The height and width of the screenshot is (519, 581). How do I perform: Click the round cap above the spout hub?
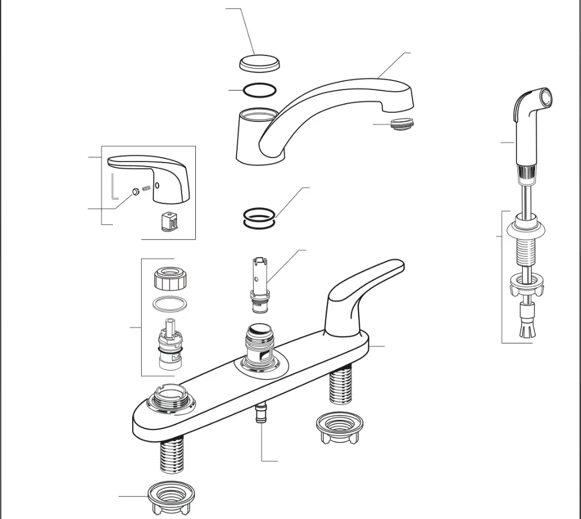coord(259,63)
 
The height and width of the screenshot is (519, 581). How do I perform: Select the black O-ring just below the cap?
coord(260,90)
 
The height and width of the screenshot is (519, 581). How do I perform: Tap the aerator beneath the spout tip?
coord(403,121)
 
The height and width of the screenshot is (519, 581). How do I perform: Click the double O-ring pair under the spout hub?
coord(259,218)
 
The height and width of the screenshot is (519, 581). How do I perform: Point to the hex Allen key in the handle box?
coord(113,188)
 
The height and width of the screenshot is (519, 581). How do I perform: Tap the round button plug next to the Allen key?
coord(136,192)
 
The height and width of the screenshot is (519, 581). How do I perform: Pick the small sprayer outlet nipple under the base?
coord(262,412)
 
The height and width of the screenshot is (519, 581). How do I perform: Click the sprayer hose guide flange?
coord(527,227)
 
